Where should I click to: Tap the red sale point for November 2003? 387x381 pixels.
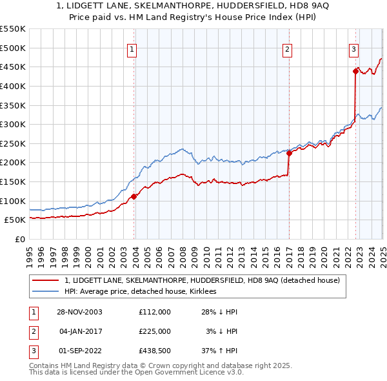[134, 196]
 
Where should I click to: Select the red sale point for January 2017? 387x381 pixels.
[289, 153]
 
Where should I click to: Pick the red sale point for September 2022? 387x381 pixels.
[355, 71]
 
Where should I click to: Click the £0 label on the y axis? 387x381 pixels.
[19, 240]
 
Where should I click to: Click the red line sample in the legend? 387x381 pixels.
[46, 280]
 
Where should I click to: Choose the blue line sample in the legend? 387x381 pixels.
[46, 291]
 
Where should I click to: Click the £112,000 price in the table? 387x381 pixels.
[155, 312]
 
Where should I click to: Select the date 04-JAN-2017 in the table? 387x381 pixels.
[81, 331]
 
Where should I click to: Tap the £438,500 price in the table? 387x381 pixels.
[155, 351]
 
